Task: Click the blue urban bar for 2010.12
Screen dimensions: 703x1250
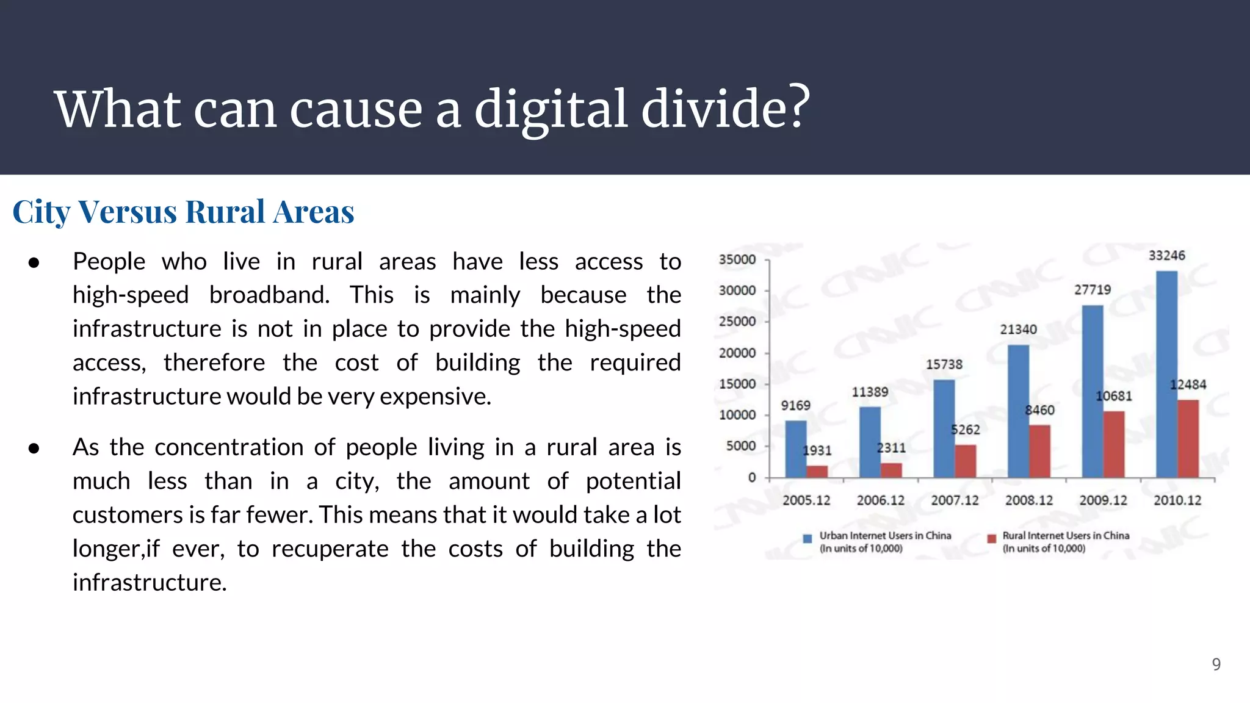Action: (1166, 373)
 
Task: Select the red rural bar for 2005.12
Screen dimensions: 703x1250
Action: (817, 471)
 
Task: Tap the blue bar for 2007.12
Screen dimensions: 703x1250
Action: (944, 428)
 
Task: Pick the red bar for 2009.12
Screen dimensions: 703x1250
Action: (1114, 444)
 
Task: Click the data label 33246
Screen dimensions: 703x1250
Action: (1166, 255)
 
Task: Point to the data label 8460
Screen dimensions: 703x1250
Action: (1039, 410)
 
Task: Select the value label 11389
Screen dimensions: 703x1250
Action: (870, 392)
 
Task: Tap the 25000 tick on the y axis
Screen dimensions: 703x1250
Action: (737, 321)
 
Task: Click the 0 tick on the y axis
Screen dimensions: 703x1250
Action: (752, 477)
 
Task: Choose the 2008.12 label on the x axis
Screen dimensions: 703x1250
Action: (1029, 500)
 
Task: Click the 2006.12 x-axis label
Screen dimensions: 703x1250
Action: (880, 500)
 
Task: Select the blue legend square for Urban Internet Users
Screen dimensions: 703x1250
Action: (807, 538)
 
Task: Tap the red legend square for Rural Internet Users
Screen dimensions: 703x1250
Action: (992, 538)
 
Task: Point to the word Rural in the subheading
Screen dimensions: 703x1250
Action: (225, 212)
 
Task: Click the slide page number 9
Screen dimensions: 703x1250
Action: (1216, 664)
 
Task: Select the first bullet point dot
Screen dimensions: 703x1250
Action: (34, 262)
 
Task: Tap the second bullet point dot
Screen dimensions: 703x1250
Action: (34, 448)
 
